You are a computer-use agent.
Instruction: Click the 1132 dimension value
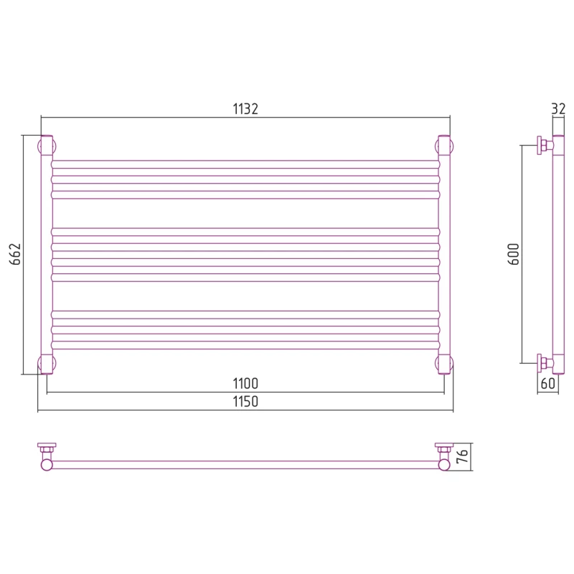pos(245,109)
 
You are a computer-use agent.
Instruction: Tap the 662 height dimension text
pos(15,254)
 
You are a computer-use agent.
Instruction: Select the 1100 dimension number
pos(245,384)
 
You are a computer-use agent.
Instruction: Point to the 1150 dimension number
pos(245,402)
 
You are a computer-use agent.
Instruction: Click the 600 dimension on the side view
pos(514,254)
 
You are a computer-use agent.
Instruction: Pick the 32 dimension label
pos(558,109)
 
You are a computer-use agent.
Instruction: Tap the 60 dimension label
pos(548,384)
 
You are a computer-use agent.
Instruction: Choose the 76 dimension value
pos(462,456)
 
